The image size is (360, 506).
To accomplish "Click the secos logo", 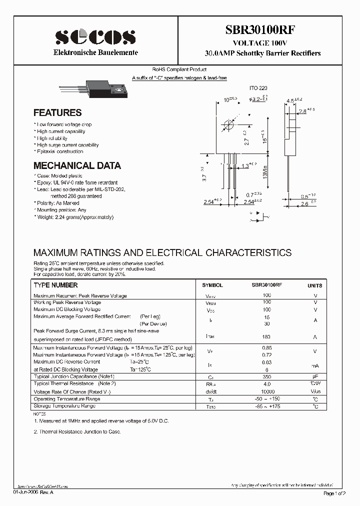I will (95, 37).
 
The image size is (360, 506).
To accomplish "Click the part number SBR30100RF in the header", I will (262, 29).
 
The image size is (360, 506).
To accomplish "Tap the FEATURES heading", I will (57, 113).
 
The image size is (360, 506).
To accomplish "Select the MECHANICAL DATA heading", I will (77, 165).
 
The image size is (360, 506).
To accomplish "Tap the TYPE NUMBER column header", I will (55, 285).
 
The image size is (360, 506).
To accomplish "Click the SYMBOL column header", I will (212, 285).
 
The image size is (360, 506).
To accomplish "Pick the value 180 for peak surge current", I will (266, 337).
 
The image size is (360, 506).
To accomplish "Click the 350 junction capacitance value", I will (266, 376).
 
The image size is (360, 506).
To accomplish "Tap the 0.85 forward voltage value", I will (266, 348).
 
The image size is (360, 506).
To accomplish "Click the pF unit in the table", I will (315, 376).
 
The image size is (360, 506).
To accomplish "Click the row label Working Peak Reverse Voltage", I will (67, 302).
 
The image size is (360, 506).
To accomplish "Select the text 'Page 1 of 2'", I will (334, 493).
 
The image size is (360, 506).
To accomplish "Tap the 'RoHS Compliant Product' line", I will (179, 70).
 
